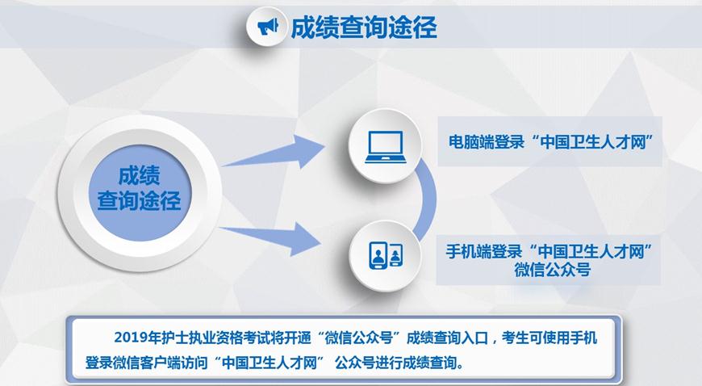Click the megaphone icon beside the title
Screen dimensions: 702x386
267,27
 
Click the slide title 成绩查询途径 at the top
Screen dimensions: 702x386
364,27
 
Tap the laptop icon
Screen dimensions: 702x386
385,147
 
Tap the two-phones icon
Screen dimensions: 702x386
386,255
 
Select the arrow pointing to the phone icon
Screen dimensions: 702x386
270,237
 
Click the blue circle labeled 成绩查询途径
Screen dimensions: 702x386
140,192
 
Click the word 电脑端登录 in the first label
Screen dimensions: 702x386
487,142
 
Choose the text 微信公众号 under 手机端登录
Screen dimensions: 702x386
553,270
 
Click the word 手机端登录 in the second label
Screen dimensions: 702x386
483,251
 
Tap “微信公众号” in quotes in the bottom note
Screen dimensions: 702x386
359,337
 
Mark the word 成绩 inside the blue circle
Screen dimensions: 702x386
140,175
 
